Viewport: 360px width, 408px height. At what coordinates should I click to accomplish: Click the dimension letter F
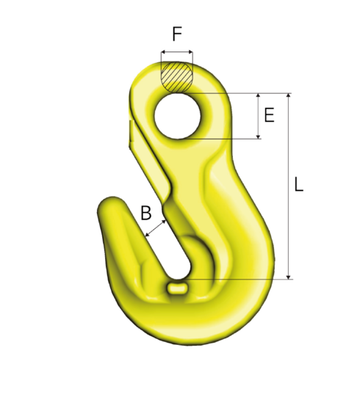click(x=177, y=34)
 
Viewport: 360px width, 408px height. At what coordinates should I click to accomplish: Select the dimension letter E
click(x=269, y=115)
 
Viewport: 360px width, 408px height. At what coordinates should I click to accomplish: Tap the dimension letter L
click(x=298, y=185)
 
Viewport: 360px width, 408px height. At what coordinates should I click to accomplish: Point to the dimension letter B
click(x=146, y=214)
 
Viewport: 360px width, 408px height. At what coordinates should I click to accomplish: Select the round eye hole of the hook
click(x=181, y=115)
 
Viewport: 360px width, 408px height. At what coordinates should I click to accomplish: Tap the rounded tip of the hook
click(x=109, y=208)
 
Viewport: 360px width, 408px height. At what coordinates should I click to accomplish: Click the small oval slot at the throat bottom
click(x=177, y=288)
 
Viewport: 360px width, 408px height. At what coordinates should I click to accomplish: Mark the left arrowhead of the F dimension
click(x=163, y=53)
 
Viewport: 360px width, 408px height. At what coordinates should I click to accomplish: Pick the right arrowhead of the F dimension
click(x=191, y=53)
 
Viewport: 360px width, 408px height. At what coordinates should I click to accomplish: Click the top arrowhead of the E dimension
click(x=258, y=96)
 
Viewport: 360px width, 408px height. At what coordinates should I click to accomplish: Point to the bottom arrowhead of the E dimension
click(x=258, y=136)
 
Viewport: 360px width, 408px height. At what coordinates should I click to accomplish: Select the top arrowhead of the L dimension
click(x=288, y=96)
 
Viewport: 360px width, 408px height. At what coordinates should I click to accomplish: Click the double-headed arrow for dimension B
click(x=155, y=227)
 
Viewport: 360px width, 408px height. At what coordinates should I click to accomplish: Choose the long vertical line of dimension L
click(x=288, y=185)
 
